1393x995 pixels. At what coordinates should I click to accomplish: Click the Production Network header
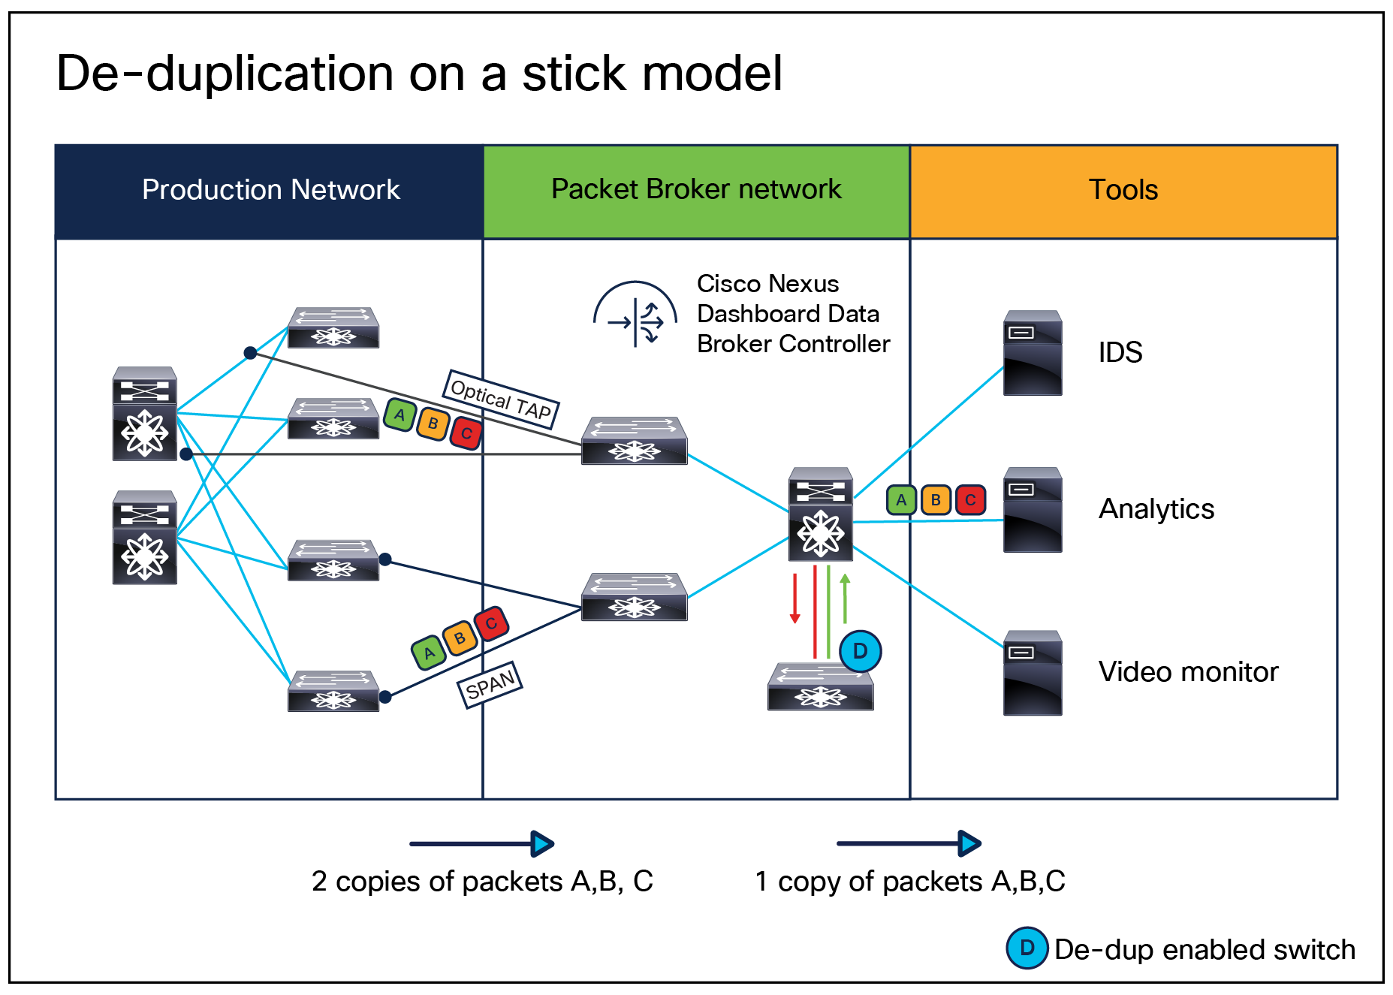[x=270, y=191]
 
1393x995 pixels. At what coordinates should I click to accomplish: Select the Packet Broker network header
[x=696, y=191]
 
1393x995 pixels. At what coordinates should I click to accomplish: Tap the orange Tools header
[x=1123, y=191]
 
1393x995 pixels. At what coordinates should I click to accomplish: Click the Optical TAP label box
[x=501, y=399]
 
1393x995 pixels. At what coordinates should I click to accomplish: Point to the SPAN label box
[x=490, y=684]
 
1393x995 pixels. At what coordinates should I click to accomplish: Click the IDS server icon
[x=1033, y=353]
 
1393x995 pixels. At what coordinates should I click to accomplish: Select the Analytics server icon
[x=1033, y=510]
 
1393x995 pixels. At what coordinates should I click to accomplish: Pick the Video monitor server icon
[x=1033, y=673]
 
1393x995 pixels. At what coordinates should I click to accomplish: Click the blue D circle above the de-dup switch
[x=860, y=651]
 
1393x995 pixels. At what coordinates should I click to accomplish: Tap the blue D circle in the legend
[x=1027, y=948]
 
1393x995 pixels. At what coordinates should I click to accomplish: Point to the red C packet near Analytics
[x=970, y=500]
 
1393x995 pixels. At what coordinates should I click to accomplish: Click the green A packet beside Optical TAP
[x=400, y=415]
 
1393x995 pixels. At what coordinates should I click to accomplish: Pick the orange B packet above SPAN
[x=459, y=638]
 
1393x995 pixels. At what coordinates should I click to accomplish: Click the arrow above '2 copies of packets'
[x=481, y=843]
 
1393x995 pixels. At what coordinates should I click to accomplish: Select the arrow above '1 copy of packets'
[x=909, y=843]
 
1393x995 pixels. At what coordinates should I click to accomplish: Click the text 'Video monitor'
[x=1188, y=672]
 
